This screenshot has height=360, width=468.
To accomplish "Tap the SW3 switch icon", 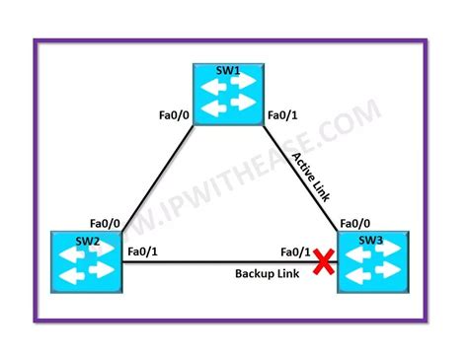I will point(373,261).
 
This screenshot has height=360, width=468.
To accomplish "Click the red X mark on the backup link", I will point(322,261).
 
